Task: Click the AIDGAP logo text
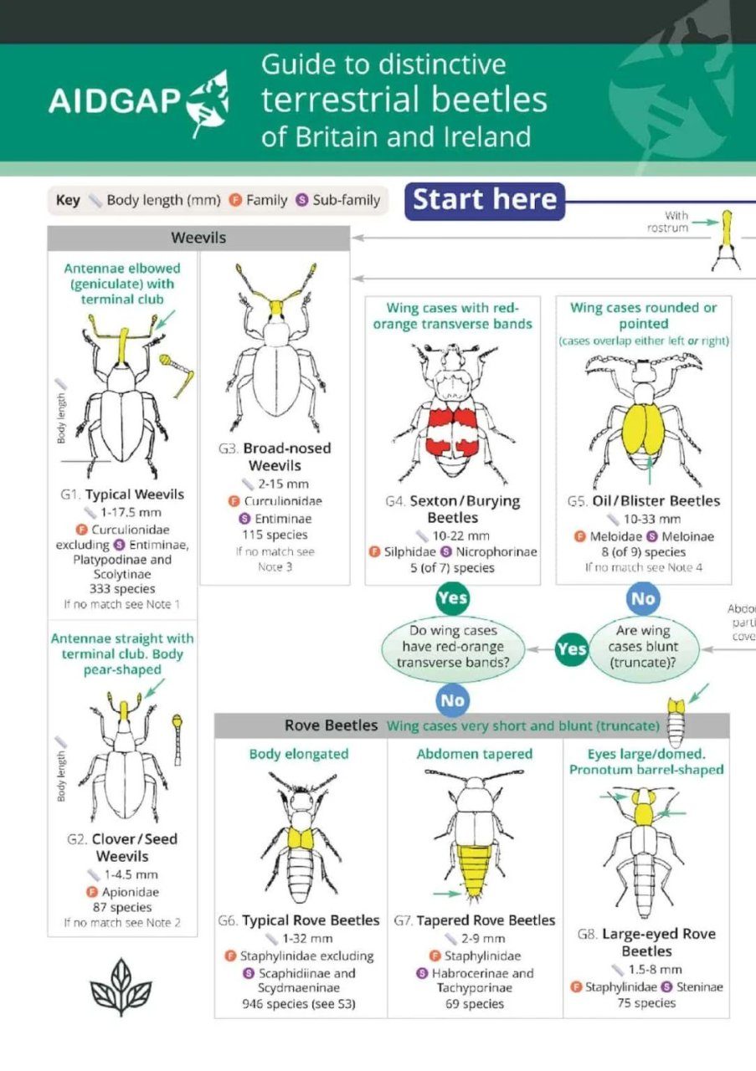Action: tap(115, 100)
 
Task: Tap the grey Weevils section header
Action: tap(198, 238)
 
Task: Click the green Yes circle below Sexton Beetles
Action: tap(452, 599)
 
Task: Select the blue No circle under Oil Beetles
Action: tap(642, 599)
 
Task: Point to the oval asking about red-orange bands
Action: tap(454, 647)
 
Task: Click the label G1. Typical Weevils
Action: tap(123, 495)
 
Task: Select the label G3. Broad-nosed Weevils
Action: tap(275, 457)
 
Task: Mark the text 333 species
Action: tap(122, 589)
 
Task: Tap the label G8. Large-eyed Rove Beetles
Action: tap(646, 943)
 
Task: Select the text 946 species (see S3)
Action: tap(299, 1004)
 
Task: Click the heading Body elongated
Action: tap(299, 754)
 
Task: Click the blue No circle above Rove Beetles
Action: tap(452, 699)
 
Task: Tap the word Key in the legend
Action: tap(68, 200)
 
